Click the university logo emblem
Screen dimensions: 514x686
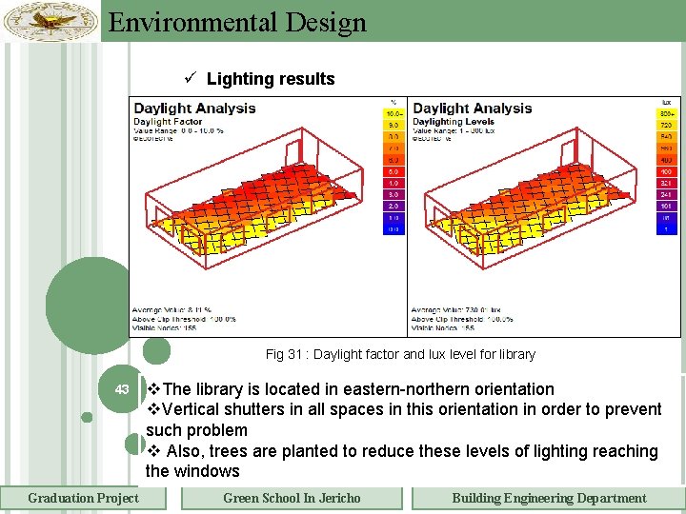[50, 20]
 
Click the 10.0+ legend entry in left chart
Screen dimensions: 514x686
[393, 113]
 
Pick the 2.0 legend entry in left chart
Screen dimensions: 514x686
[393, 206]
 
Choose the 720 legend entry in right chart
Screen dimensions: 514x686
[666, 125]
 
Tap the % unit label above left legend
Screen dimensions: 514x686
[393, 102]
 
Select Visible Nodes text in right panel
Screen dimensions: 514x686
[443, 327]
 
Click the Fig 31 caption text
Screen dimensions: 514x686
[400, 354]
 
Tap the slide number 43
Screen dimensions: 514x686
[122, 389]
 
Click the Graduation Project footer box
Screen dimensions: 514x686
[83, 498]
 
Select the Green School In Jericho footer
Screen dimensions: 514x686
[292, 498]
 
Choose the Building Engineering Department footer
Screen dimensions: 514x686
[548, 498]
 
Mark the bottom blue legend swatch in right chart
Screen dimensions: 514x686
[666, 229]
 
